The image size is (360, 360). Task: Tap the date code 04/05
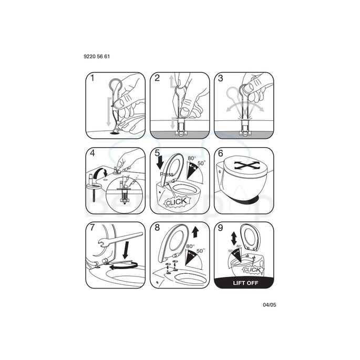pos(269,304)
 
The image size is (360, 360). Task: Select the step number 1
pos(92,78)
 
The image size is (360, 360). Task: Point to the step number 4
pos(92,154)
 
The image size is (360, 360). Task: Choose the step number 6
pos(221,154)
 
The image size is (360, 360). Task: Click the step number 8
pos(157,229)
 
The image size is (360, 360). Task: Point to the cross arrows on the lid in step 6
pos(243,165)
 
